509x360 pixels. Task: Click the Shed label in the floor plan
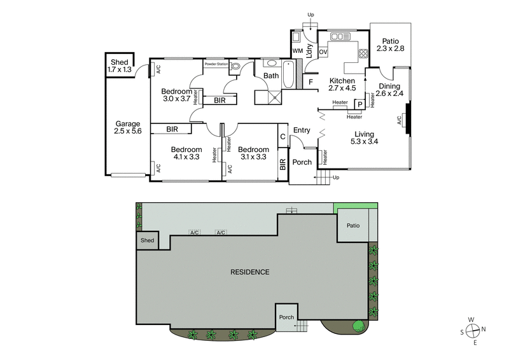pyautogui.click(x=120, y=66)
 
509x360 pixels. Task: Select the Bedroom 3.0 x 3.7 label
pyautogui.click(x=176, y=94)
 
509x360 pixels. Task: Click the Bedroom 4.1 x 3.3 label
pyautogui.click(x=186, y=153)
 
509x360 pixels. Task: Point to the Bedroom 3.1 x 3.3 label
pyautogui.click(x=254, y=153)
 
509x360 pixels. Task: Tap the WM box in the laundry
pyautogui.click(x=297, y=51)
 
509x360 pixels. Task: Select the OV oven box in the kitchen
pyautogui.click(x=323, y=52)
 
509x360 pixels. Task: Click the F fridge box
pyautogui.click(x=310, y=81)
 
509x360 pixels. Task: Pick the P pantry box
pyautogui.click(x=359, y=104)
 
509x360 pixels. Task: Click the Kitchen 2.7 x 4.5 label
pyautogui.click(x=342, y=85)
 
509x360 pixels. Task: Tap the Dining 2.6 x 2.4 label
pyautogui.click(x=389, y=90)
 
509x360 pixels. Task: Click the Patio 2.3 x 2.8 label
pyautogui.click(x=391, y=44)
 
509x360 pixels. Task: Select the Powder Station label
pyautogui.click(x=216, y=64)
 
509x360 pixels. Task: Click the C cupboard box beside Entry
pyautogui.click(x=282, y=135)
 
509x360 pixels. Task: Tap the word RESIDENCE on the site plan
pyautogui.click(x=250, y=272)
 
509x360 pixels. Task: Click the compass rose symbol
pyautogui.click(x=473, y=330)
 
